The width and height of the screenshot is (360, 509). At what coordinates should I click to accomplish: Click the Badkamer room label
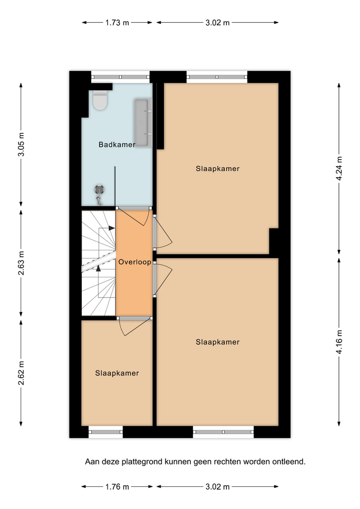(x=117, y=144)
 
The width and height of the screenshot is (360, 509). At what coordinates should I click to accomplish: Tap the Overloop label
(x=134, y=262)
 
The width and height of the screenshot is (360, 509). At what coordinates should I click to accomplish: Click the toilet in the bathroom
(x=100, y=100)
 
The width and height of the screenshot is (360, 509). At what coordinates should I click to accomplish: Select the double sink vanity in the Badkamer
(x=143, y=122)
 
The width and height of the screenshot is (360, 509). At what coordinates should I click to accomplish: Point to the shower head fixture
(x=99, y=189)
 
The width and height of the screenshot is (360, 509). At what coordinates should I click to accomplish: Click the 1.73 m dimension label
(x=117, y=23)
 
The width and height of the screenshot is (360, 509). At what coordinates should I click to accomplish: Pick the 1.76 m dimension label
(x=117, y=487)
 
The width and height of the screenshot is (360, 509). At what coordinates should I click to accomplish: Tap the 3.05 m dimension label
(x=21, y=144)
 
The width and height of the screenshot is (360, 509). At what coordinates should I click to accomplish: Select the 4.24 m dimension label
(x=339, y=169)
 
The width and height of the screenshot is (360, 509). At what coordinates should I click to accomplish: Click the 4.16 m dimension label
(x=339, y=342)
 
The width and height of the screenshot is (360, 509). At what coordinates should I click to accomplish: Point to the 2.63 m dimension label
(x=21, y=263)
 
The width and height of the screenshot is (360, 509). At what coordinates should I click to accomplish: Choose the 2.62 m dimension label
(x=21, y=373)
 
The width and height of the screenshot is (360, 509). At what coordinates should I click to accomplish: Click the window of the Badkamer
(x=120, y=77)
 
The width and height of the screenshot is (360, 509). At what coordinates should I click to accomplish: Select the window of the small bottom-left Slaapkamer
(x=106, y=432)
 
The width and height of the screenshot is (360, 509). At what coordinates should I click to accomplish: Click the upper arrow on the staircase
(x=107, y=228)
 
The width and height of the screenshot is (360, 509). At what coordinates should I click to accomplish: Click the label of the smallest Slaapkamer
(x=117, y=373)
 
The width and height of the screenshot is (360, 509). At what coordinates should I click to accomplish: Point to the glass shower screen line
(x=115, y=186)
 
